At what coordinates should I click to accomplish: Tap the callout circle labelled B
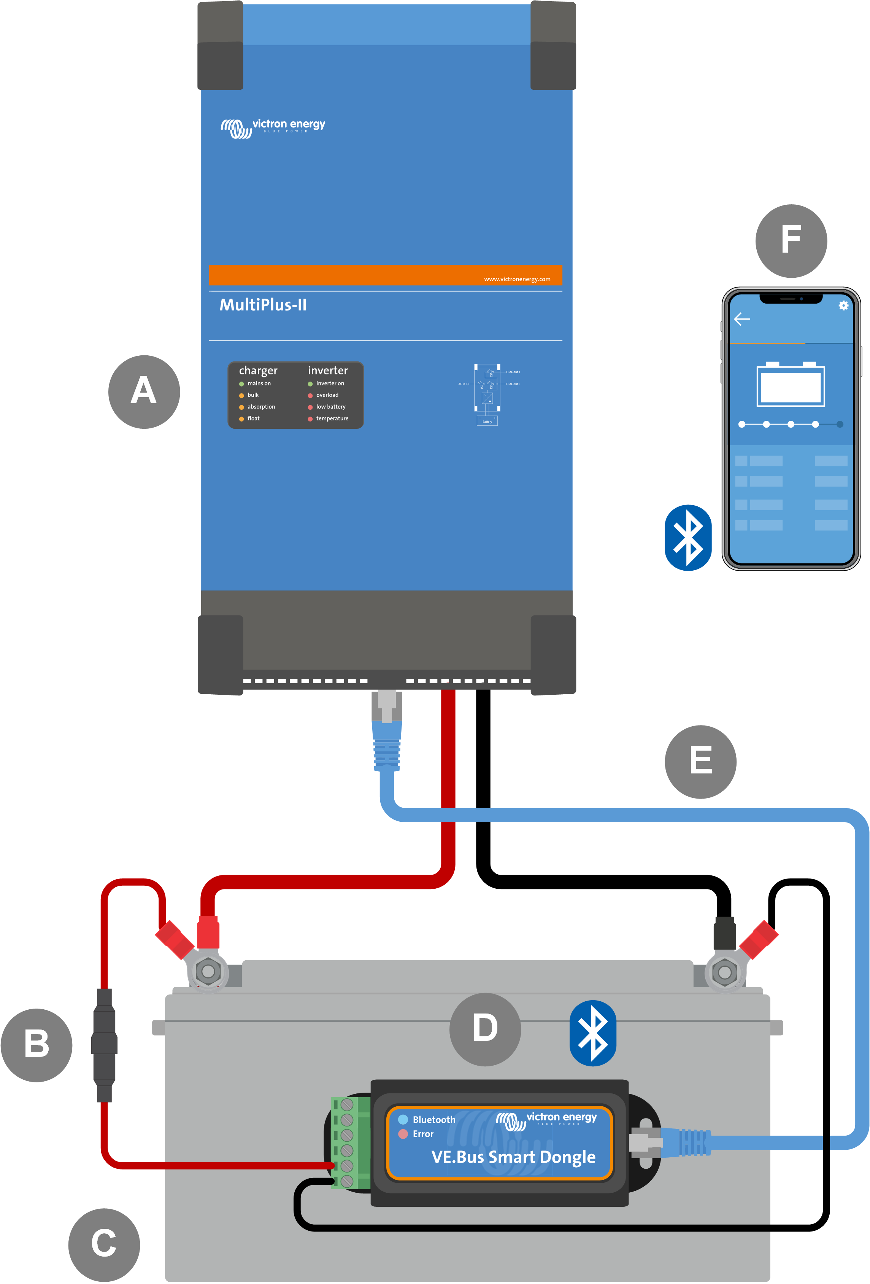pyautogui.click(x=37, y=1044)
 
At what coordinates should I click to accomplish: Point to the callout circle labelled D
pyautogui.click(x=485, y=1029)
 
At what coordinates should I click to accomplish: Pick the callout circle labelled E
pyautogui.click(x=700, y=761)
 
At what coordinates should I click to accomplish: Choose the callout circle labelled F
pyautogui.click(x=791, y=241)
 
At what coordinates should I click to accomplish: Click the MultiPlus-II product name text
pyautogui.click(x=263, y=305)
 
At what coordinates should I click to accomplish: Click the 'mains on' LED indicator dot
pyautogui.click(x=241, y=384)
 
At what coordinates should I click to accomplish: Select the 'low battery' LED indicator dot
pyautogui.click(x=310, y=407)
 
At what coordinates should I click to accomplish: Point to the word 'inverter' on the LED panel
pyautogui.click(x=327, y=370)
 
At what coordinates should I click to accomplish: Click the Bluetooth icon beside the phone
pyautogui.click(x=688, y=537)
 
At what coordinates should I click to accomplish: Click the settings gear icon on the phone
pyautogui.click(x=843, y=305)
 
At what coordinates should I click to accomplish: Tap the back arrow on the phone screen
pyautogui.click(x=742, y=319)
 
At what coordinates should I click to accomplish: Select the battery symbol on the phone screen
pyautogui.click(x=791, y=385)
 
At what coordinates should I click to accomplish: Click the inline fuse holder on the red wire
pyautogui.click(x=104, y=1045)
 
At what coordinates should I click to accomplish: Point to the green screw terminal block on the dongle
pyautogui.click(x=350, y=1142)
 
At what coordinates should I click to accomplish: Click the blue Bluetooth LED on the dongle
pyautogui.click(x=403, y=1119)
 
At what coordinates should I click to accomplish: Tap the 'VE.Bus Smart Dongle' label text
pyautogui.click(x=513, y=1157)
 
